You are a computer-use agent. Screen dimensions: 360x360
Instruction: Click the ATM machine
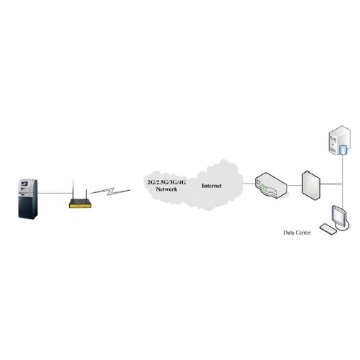pyautogui.click(x=28, y=199)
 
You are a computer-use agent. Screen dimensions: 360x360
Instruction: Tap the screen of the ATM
pyautogui.click(x=24, y=184)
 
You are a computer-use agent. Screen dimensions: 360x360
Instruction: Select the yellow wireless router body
pyautogui.click(x=80, y=204)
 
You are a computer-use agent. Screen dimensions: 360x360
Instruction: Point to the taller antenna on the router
pyautogui.click(x=73, y=190)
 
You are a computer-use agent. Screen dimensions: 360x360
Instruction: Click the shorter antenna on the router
pyautogui.click(x=86, y=194)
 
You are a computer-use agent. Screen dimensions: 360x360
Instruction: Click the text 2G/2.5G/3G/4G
pyautogui.click(x=166, y=182)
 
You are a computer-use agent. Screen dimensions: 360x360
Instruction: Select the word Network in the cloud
pyautogui.click(x=166, y=189)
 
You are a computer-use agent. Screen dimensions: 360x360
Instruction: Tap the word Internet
pyautogui.click(x=212, y=186)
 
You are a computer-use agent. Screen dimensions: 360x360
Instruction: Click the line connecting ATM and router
pyautogui.click(x=55, y=192)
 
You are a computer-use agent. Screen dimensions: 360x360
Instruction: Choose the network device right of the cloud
pyautogui.click(x=271, y=185)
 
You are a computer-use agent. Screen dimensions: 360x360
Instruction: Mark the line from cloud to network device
pyautogui.click(x=249, y=184)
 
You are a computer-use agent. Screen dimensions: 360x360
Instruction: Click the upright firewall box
pyautogui.click(x=311, y=186)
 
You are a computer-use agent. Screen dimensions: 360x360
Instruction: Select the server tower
pyautogui.click(x=339, y=140)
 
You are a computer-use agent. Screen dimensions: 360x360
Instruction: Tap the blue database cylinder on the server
pyautogui.click(x=343, y=150)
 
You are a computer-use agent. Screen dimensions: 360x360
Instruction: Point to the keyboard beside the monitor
pyautogui.click(x=328, y=229)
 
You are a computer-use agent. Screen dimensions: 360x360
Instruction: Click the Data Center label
pyautogui.click(x=297, y=233)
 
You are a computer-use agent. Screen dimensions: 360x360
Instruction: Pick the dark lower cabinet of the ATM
pyautogui.click(x=28, y=207)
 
